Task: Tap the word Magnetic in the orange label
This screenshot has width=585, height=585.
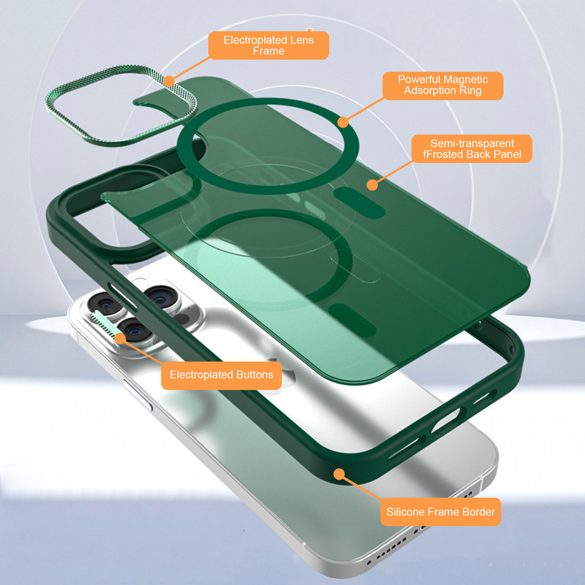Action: tap(465, 80)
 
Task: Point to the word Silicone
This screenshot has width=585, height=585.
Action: tap(405, 512)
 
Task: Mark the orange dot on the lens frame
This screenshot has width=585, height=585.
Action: tap(169, 81)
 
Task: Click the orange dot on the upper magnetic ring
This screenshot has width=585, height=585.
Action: tap(343, 122)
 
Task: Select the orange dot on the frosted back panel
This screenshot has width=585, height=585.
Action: tap(372, 185)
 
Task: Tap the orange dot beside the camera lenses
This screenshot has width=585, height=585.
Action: tap(120, 338)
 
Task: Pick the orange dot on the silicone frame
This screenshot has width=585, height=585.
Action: tap(339, 474)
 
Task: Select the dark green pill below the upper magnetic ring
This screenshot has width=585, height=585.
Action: tap(359, 203)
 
